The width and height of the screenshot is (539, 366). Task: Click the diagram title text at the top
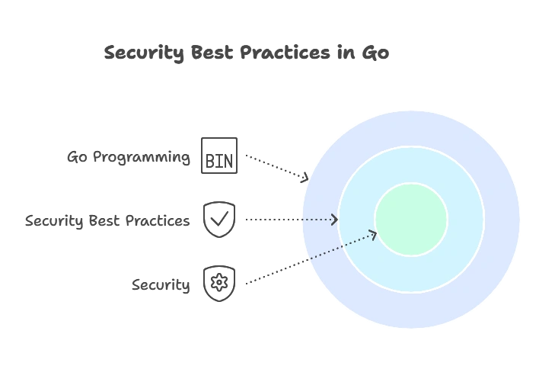246,53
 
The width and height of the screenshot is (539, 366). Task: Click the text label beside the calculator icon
130,158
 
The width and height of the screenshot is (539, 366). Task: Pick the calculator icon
219,156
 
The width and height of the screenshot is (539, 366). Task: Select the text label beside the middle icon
106,221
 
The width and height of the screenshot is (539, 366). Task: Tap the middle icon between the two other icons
219,220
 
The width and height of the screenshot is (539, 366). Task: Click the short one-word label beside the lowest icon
161,286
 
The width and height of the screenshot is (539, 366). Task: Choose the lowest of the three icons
219,282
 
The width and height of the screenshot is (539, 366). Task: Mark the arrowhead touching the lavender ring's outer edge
306,177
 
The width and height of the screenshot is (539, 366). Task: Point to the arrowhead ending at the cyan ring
334,220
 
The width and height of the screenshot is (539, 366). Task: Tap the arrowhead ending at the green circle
373,234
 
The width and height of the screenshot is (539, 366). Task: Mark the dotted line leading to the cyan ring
316,220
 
